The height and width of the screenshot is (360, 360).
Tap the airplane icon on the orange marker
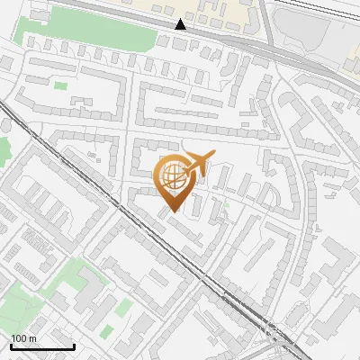point(197,162)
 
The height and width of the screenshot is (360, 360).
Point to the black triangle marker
point(181,24)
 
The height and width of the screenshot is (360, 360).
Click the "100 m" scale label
point(23,338)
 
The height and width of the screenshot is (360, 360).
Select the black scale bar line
point(42,346)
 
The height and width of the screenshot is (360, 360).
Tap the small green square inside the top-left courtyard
point(60,85)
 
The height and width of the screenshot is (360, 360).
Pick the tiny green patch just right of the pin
point(226,203)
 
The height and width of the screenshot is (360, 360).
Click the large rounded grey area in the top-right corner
point(306,36)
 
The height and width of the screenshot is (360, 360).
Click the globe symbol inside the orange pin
point(175,175)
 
